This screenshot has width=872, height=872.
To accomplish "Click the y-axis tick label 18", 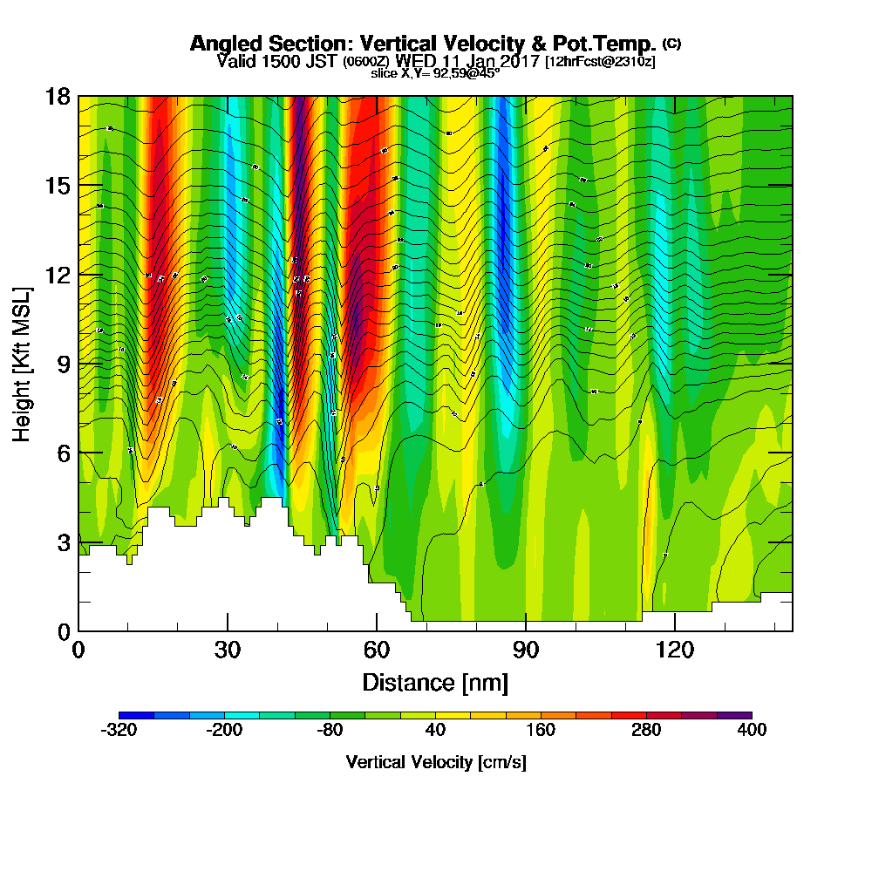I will tap(58, 96).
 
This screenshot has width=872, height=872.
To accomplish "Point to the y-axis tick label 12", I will tap(58, 274).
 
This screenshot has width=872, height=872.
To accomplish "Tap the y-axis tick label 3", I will tap(63, 542).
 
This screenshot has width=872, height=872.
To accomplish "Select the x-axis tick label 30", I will tap(227, 651).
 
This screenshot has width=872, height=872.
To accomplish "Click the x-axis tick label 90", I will tap(526, 651).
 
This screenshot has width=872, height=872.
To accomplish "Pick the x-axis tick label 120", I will tap(674, 651).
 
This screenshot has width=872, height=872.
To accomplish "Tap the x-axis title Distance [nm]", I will tap(435, 682).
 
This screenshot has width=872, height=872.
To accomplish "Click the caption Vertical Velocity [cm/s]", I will tap(435, 762).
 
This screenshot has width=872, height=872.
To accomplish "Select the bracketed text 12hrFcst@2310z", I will tap(600, 62).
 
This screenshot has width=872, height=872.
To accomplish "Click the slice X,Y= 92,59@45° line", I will tap(435, 73).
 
